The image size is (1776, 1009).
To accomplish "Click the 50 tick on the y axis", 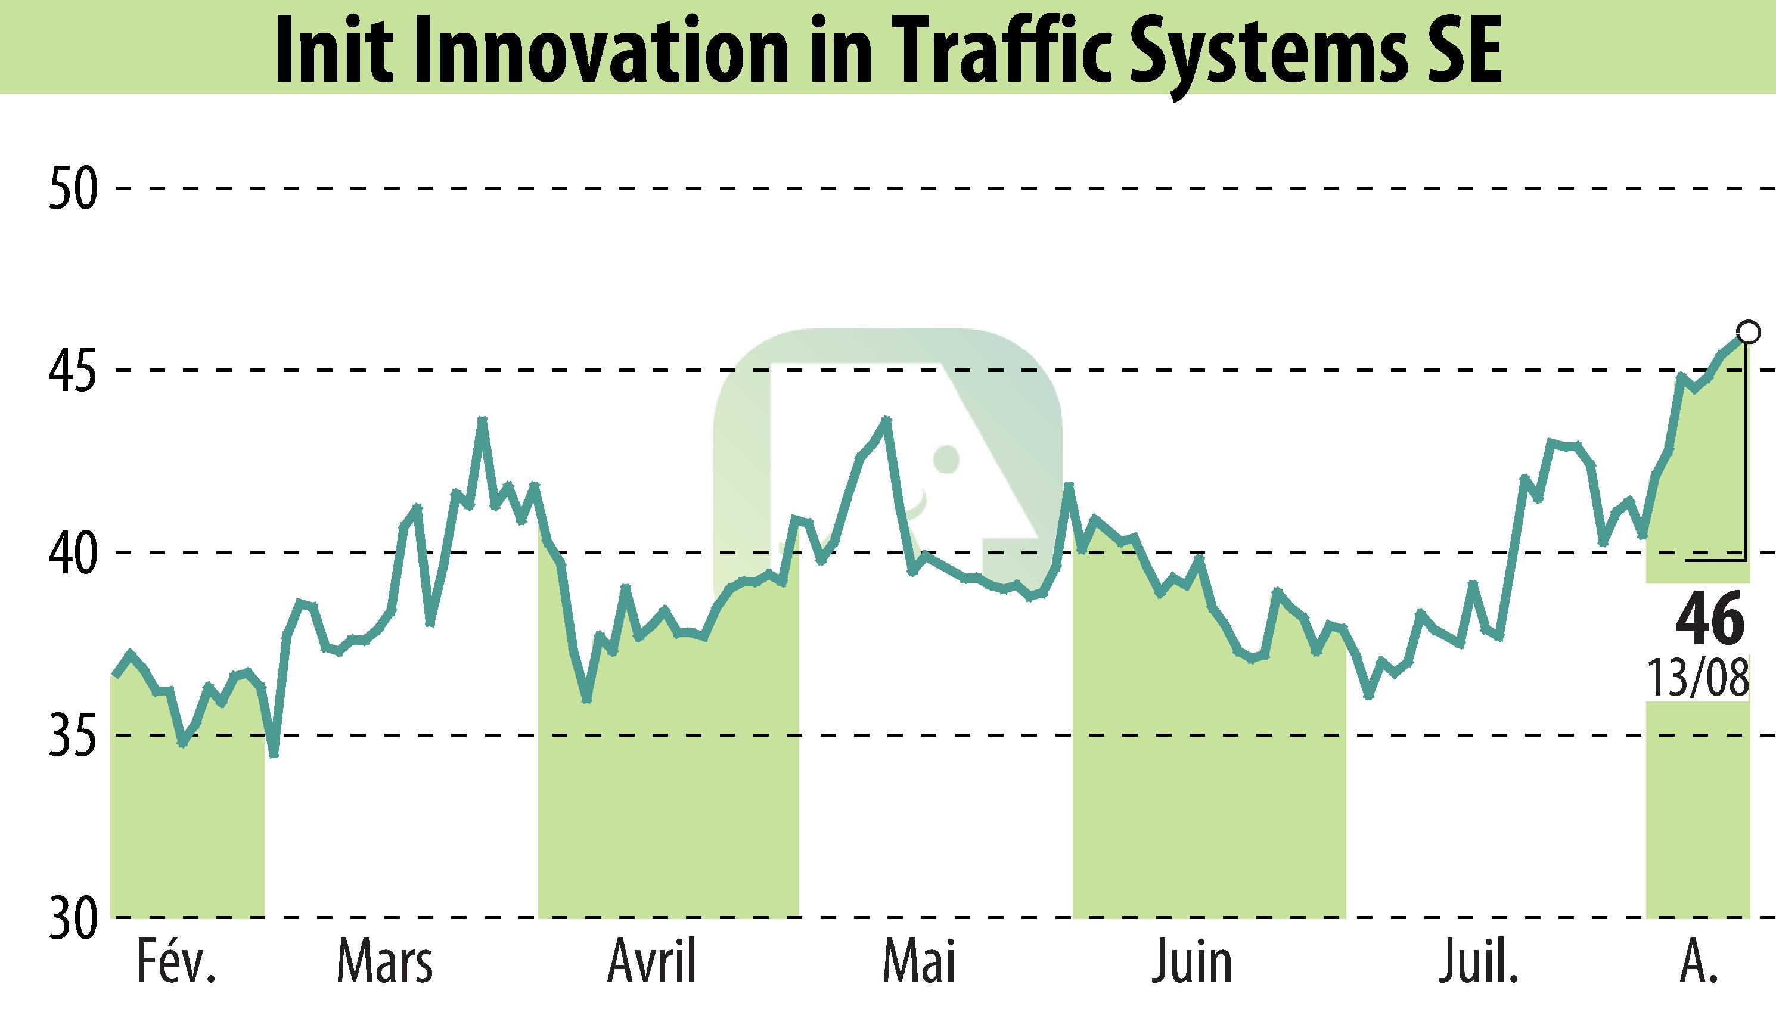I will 73,188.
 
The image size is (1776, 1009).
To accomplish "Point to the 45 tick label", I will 73,371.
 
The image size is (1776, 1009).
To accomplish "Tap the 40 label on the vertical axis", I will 73,554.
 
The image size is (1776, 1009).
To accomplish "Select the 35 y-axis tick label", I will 73,736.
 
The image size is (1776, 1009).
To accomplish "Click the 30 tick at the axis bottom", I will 73,919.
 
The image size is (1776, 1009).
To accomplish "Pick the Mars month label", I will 385,963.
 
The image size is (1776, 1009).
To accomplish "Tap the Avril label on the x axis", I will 652,963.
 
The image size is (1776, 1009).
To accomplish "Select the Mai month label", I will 919,963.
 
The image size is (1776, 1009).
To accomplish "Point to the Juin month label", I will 1192,963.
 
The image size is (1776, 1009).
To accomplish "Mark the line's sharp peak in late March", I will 483,420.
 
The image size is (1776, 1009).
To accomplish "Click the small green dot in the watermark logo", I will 946,459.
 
